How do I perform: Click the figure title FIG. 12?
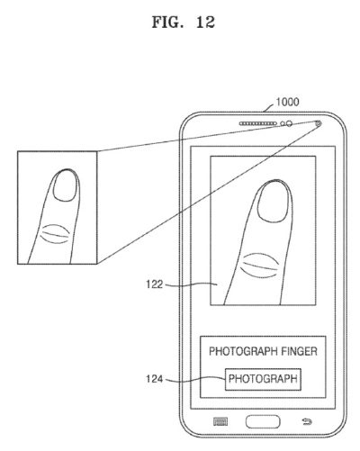(184, 23)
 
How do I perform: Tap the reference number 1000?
(287, 102)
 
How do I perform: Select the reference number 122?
(154, 284)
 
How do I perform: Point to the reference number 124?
(154, 379)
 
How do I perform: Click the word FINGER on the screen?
(299, 351)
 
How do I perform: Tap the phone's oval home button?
(263, 421)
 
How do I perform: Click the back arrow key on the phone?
(307, 422)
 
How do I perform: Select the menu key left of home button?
(220, 421)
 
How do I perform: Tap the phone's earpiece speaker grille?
(257, 123)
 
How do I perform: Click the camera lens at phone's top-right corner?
(319, 122)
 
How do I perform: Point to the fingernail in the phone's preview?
(274, 202)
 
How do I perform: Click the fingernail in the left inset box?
(65, 185)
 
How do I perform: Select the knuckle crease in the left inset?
(56, 234)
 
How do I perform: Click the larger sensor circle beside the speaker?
(289, 123)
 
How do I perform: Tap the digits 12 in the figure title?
(205, 23)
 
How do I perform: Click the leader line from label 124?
(195, 379)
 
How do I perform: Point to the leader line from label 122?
(192, 284)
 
